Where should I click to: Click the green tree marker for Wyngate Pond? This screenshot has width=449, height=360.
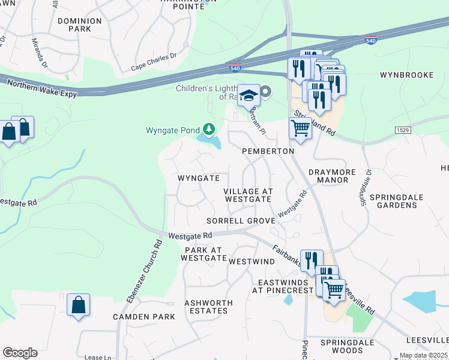tap(209, 129)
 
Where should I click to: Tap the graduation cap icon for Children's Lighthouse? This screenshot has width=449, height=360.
tap(248, 95)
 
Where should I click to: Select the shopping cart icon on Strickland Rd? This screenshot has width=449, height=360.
tap(300, 127)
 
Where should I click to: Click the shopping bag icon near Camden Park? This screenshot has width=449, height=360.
tap(79, 305)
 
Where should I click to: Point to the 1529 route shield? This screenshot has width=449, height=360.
tap(403, 130)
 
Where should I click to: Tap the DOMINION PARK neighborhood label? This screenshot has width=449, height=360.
tap(80, 25)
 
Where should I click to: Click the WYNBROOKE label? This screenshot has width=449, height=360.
tap(406, 75)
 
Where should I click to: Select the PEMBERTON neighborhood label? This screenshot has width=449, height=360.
tap(268, 152)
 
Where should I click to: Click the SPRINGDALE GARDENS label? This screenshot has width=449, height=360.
tap(393, 201)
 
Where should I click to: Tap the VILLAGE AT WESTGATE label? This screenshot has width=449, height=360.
tap(248, 196)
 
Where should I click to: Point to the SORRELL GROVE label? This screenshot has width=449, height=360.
tap(241, 221)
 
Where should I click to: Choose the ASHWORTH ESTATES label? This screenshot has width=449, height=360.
tap(206, 307)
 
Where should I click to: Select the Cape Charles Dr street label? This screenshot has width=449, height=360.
tap(154, 64)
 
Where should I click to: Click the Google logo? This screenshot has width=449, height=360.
tap(20, 353)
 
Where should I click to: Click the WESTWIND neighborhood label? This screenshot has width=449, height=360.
tap(247, 262)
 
